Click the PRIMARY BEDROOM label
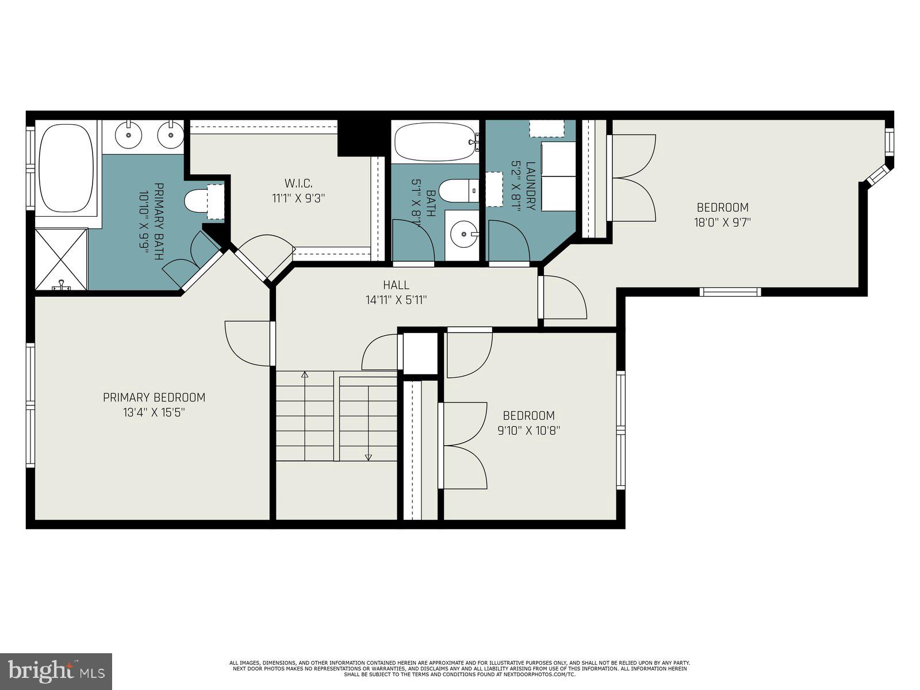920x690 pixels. (x=154, y=397)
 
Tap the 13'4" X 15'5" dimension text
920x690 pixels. (x=154, y=412)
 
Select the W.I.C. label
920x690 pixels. (x=298, y=183)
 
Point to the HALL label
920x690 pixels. (x=396, y=285)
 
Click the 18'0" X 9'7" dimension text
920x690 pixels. (x=722, y=222)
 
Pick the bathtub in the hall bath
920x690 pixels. (x=435, y=141)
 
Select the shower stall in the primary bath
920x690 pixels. (x=61, y=259)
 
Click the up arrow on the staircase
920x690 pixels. (x=305, y=375)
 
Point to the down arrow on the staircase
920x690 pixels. (x=368, y=457)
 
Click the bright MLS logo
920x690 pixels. (x=56, y=671)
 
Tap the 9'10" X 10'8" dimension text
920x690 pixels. (x=528, y=430)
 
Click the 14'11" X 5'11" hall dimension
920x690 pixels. (x=396, y=300)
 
